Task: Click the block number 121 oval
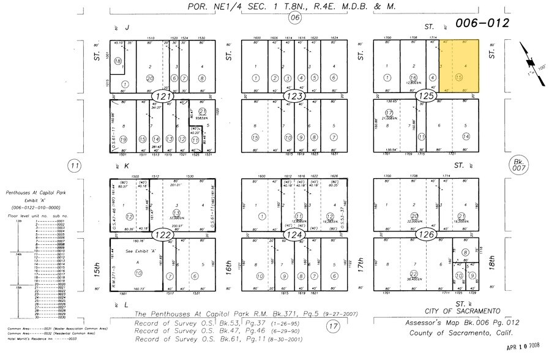164,97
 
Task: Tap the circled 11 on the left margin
75,165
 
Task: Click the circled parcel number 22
414,274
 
